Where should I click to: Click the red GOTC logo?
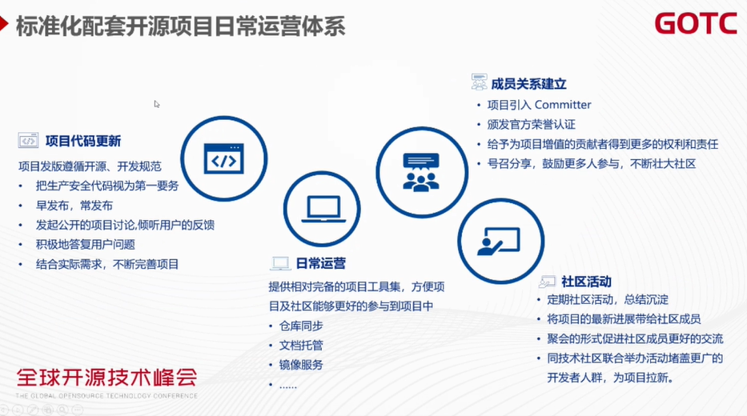click(x=696, y=23)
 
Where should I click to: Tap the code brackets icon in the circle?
click(x=224, y=158)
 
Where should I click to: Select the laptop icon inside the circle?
click(x=323, y=210)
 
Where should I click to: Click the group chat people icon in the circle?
click(x=420, y=172)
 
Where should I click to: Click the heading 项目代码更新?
click(x=83, y=141)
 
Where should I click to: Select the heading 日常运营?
click(x=320, y=263)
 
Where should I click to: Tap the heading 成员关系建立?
click(x=528, y=84)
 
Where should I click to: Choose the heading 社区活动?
click(x=586, y=282)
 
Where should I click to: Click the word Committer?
click(x=563, y=105)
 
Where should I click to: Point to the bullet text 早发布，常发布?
click(x=74, y=206)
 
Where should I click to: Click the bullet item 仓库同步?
click(x=301, y=326)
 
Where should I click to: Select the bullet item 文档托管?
click(x=301, y=346)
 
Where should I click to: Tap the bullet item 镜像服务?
click(x=301, y=365)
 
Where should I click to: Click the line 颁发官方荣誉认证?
click(x=531, y=125)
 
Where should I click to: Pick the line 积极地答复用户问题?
click(x=86, y=245)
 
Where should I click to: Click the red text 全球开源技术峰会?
click(x=107, y=378)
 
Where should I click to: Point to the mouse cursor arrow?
click(x=157, y=104)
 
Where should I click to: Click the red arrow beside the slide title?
click(x=4, y=24)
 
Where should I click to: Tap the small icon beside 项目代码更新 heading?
click(x=28, y=141)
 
